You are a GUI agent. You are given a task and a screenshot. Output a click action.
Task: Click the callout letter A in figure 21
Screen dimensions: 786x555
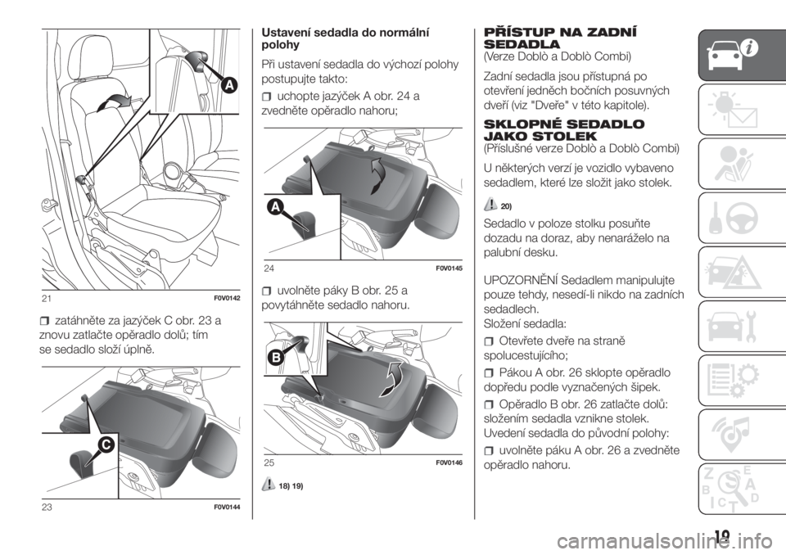(229, 86)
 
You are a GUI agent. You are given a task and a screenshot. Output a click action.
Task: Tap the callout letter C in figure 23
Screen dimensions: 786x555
(106, 444)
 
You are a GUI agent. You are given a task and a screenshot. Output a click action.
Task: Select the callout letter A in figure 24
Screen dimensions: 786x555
(276, 206)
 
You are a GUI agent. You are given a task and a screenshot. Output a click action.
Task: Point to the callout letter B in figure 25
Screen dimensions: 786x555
(276, 358)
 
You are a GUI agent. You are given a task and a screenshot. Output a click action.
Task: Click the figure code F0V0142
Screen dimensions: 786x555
(227, 299)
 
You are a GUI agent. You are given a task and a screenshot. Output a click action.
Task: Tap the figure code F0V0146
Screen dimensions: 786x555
(449, 463)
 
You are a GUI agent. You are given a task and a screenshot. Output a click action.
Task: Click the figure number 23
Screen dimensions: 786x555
(47, 508)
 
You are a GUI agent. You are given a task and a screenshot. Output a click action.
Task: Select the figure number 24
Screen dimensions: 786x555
(269, 268)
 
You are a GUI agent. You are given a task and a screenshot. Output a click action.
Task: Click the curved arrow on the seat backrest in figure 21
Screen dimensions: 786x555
(115, 102)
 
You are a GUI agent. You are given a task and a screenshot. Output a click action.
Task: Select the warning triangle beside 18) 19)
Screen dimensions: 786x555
(269, 485)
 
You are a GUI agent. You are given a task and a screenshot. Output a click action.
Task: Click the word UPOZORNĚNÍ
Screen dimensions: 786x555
(521, 279)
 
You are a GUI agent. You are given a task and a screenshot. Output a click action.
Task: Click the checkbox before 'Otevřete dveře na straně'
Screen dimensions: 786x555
(490, 342)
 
